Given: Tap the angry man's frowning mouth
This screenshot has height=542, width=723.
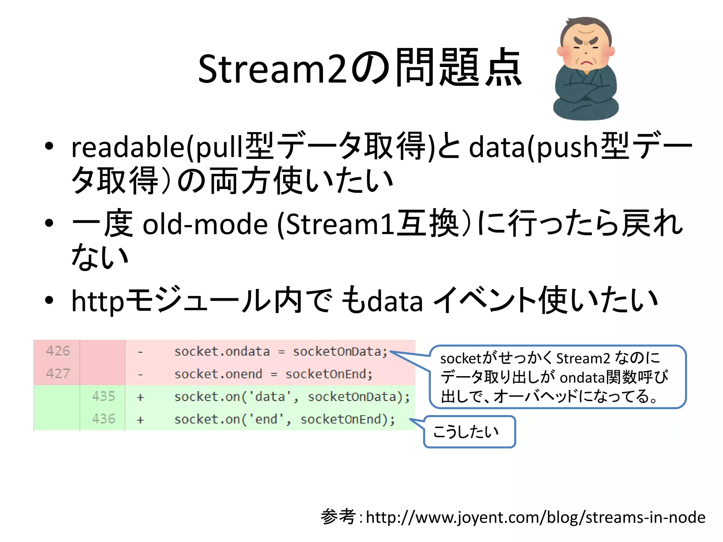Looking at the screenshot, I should tap(586, 63).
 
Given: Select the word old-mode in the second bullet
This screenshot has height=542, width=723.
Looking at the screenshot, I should tap(205, 224).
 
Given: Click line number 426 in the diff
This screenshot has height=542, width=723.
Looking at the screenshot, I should tap(58, 351).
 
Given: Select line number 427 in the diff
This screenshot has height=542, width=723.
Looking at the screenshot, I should tap(58, 373).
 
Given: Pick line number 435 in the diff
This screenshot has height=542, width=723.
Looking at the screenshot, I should tap(103, 396).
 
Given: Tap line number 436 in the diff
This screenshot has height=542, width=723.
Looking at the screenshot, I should tap(103, 419).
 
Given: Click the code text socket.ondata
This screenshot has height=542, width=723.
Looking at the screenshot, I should tap(222, 351).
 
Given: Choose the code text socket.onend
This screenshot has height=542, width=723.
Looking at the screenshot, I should tap(218, 374).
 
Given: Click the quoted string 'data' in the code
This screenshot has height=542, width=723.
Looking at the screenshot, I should tap(270, 397).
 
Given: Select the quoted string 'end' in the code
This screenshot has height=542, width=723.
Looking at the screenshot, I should tap(266, 419).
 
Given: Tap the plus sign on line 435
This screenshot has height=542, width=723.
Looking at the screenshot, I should tap(141, 397).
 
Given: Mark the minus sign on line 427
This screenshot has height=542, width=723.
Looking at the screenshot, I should tap(141, 374).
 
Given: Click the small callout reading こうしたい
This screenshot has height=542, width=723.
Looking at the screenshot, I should tap(469, 432).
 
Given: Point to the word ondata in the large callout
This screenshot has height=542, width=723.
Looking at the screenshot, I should tap(582, 378).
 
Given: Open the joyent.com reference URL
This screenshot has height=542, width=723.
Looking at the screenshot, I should tap(535, 517).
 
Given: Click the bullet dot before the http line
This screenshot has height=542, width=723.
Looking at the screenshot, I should tap(49, 300).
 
